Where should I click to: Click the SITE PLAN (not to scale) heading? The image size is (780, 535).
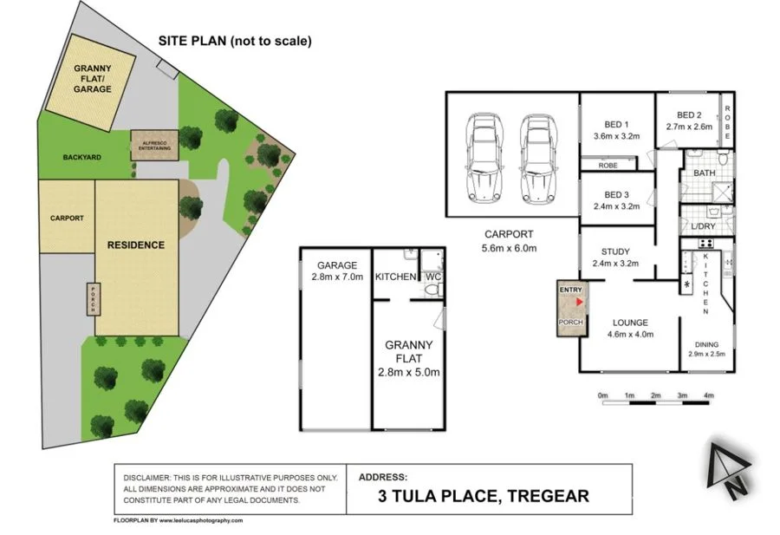tap(235, 41)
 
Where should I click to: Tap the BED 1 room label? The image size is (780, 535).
tap(615, 124)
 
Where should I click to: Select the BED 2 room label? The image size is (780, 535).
tap(690, 115)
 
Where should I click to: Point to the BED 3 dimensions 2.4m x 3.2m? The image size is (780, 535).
tap(615, 207)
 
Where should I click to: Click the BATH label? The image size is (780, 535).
tap(705, 173)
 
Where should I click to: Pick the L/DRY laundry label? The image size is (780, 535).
tap(703, 227)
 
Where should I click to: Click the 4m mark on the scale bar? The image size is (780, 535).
tap(709, 395)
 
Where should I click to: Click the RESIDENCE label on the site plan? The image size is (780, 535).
tap(135, 245)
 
